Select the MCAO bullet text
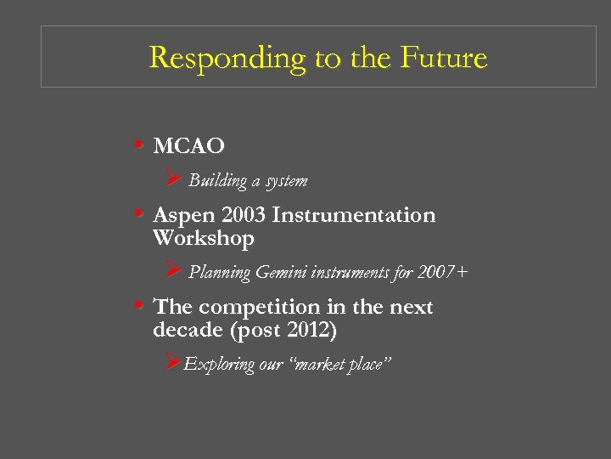[x=188, y=147]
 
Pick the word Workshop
[x=203, y=239]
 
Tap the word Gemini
[x=282, y=273]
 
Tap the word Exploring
[x=219, y=365]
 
